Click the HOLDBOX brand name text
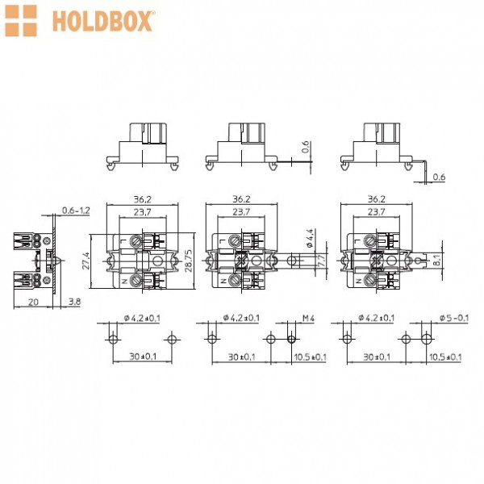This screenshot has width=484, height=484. pyautogui.click(x=102, y=21)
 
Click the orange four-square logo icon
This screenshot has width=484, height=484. pyautogui.click(x=21, y=21)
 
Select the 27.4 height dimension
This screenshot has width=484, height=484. pyautogui.click(x=86, y=261)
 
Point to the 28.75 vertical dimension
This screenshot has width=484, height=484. pyautogui.click(x=188, y=261)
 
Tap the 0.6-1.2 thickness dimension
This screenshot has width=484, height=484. pyautogui.click(x=76, y=211)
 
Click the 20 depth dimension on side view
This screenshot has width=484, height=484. pyautogui.click(x=33, y=302)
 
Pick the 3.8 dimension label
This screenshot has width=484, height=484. pyautogui.click(x=74, y=302)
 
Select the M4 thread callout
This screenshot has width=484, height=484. pyautogui.click(x=308, y=318)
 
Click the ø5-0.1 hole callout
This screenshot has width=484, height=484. pyautogui.click(x=453, y=318)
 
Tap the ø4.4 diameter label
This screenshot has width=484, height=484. pyautogui.click(x=310, y=238)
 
